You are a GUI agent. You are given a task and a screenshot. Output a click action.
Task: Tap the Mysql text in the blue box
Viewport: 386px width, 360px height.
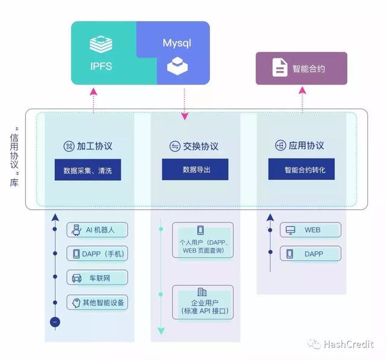[x=176, y=43]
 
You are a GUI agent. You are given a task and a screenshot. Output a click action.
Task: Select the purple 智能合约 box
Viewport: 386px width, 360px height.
[x=301, y=68]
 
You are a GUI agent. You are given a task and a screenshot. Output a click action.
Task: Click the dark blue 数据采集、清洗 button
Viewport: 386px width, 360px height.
[x=87, y=170]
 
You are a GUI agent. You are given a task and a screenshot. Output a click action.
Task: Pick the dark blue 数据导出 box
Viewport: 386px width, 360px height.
[x=195, y=170]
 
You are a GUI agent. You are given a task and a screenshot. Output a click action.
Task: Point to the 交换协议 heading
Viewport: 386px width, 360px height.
[x=194, y=147]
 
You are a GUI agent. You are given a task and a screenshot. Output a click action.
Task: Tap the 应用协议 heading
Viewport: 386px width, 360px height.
[x=300, y=146]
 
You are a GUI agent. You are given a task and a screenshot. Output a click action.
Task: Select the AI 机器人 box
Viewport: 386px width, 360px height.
[x=97, y=230]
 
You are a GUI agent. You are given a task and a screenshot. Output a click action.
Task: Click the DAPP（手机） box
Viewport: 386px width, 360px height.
[x=97, y=254]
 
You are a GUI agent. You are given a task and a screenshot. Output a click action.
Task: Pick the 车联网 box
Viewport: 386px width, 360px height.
[x=97, y=278]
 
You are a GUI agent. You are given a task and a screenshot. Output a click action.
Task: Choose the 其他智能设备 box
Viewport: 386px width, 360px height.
[x=97, y=302]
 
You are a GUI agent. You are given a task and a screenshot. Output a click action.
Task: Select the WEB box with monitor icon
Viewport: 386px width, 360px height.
[x=310, y=230]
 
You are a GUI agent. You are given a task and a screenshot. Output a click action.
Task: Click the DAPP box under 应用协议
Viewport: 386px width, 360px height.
[x=310, y=254]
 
